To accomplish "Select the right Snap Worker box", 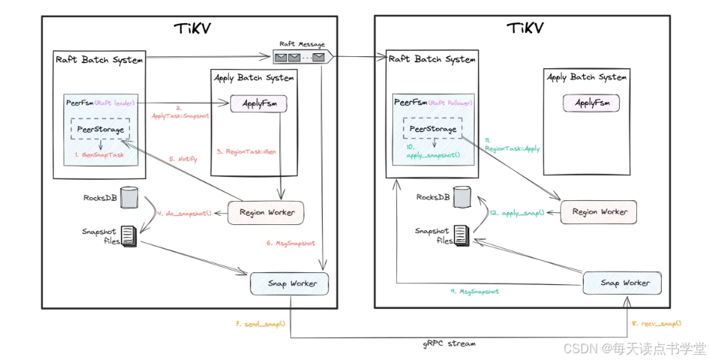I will (621, 282).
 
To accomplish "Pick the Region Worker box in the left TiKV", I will (266, 212).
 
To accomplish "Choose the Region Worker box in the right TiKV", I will (598, 212).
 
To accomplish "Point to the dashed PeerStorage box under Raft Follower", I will (433, 130).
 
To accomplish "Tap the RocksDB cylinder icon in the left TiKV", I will (130, 198).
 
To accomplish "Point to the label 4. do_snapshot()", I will (184, 213).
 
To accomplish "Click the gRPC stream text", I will (448, 343).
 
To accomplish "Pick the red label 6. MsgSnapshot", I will (290, 242).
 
